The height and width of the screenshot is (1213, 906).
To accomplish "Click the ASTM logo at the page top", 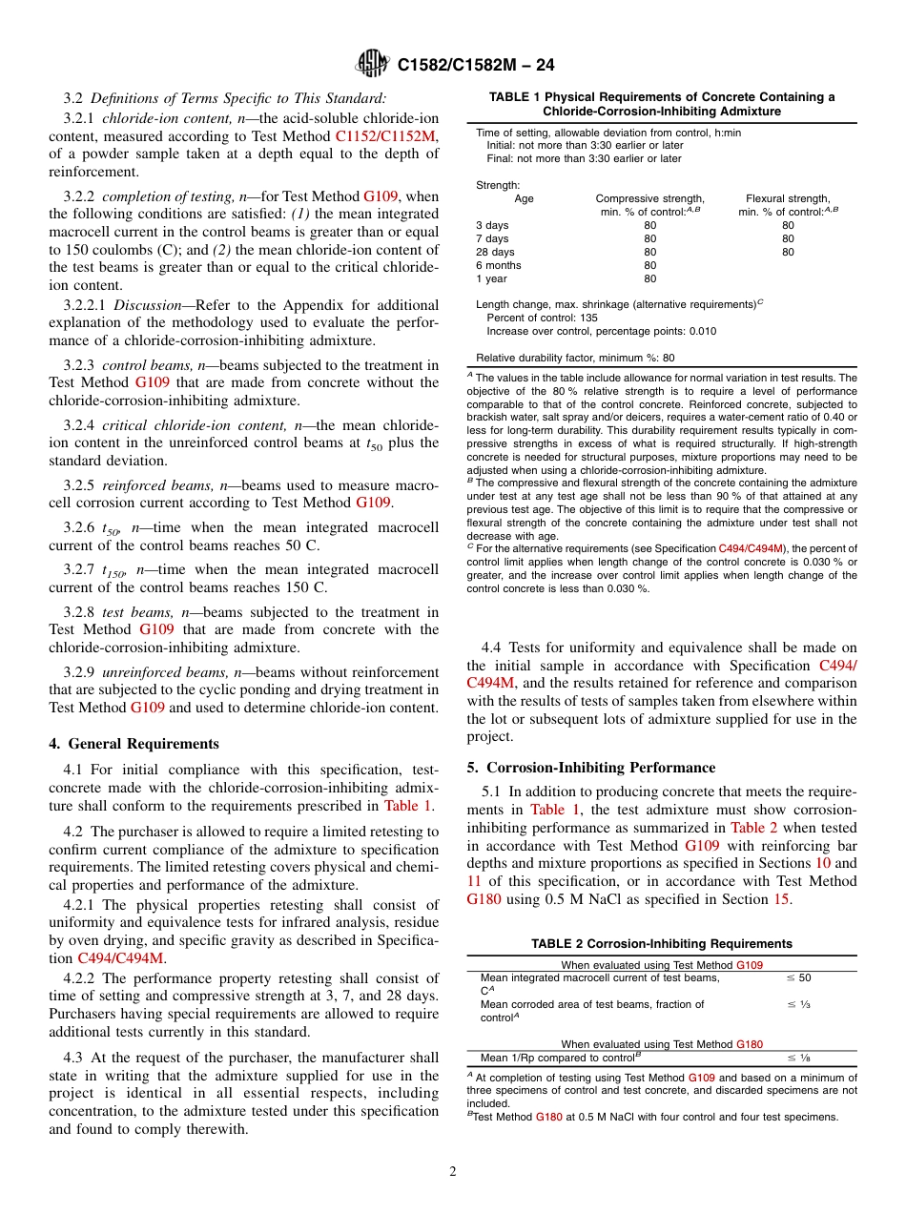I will coord(371,64).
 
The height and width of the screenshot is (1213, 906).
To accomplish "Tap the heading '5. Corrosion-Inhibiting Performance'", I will coord(591,767).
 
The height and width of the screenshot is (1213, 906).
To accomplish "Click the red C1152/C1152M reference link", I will coord(386,136).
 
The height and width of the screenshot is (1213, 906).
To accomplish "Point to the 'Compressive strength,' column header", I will coord(649,198).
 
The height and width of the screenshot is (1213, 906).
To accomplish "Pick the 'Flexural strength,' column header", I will coord(788,198).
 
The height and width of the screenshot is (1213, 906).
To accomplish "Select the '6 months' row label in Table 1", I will coord(498,265).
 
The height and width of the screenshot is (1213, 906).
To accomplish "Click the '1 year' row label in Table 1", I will coord(491,278).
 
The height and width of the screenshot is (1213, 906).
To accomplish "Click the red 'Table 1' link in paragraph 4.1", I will coord(407,806).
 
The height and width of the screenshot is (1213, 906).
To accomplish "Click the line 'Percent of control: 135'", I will coord(542,318).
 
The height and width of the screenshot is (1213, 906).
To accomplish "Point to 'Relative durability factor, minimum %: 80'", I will coord(575,358).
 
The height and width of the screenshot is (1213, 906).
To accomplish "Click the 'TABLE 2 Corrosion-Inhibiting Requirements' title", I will coord(662,943).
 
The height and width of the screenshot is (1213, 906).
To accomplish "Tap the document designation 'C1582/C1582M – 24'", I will coord(475,65).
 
